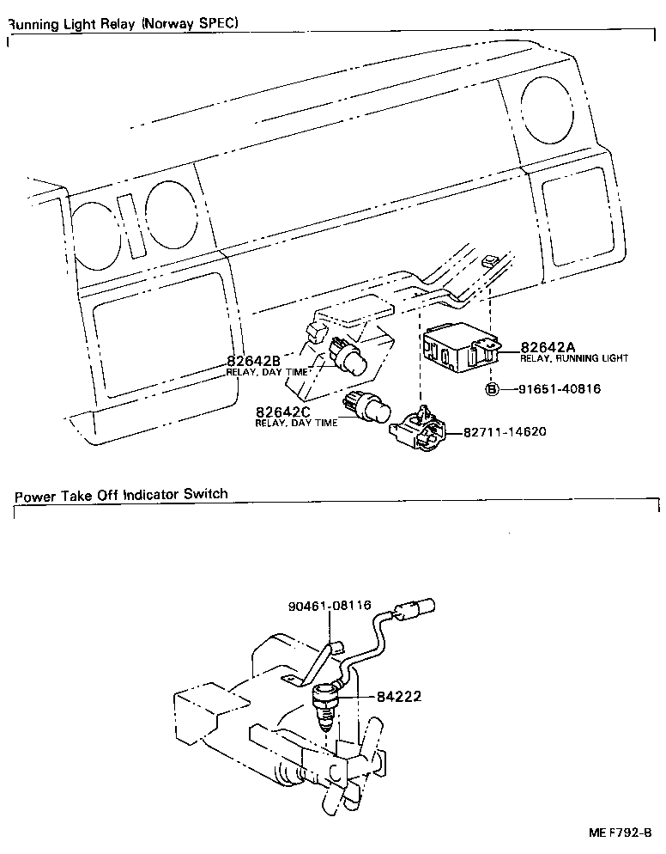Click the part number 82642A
(x=547, y=347)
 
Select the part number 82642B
(x=254, y=361)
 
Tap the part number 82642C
(x=282, y=412)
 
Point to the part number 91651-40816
(x=558, y=389)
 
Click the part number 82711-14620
(x=505, y=432)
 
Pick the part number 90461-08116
(x=329, y=605)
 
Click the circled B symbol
(x=493, y=389)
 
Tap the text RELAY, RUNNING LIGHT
(x=574, y=358)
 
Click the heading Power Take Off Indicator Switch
(x=122, y=494)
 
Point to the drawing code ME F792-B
(x=621, y=833)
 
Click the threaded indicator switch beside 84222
(x=326, y=700)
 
